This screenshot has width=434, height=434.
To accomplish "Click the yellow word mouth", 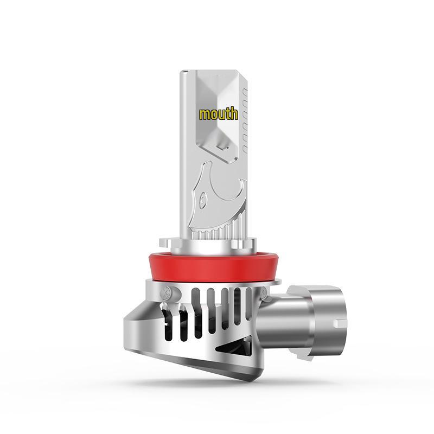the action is (219, 114).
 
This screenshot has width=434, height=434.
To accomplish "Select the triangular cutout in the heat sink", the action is (234, 346).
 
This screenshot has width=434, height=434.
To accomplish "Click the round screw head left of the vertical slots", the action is (167, 291).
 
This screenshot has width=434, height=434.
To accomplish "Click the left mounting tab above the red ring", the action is (165, 243).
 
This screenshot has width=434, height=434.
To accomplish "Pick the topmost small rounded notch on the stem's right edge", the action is (245, 92).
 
